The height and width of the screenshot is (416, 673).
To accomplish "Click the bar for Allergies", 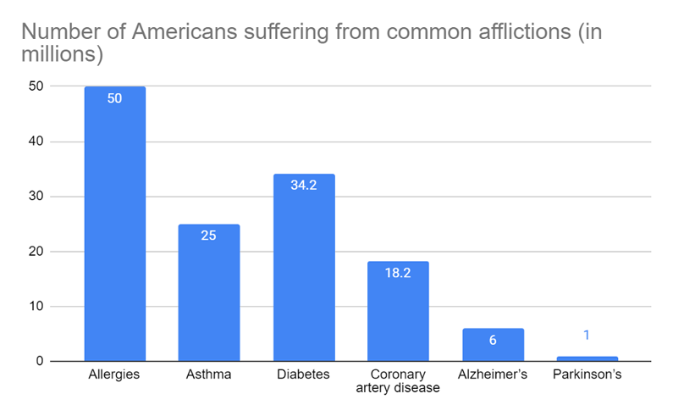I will pyautogui.click(x=114, y=225).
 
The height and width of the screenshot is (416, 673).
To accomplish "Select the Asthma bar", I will pyautogui.click(x=208, y=293).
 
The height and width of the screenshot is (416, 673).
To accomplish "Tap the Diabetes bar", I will pyautogui.click(x=303, y=268).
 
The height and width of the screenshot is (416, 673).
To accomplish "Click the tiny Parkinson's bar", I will pyautogui.click(x=587, y=358).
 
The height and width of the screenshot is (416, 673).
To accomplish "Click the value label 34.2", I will pyautogui.click(x=303, y=186).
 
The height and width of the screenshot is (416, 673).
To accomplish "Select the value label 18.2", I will pyautogui.click(x=398, y=273).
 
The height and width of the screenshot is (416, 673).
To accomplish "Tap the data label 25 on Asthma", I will pyautogui.click(x=208, y=236).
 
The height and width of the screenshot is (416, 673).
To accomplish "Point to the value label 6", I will pyautogui.click(x=493, y=340).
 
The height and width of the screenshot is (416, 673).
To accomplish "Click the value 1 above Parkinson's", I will pyautogui.click(x=587, y=336).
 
